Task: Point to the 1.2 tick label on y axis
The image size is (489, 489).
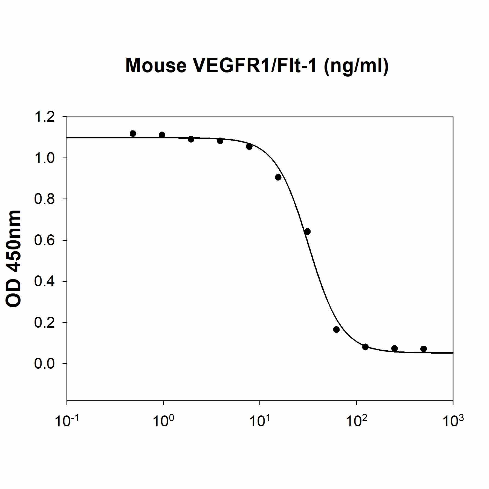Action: pyautogui.click(x=44, y=117)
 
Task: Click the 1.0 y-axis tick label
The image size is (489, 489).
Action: pyautogui.click(x=44, y=158)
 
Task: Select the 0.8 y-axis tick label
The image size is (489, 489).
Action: pyautogui.click(x=44, y=199)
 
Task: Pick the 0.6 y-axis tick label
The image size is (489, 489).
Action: pyautogui.click(x=44, y=240)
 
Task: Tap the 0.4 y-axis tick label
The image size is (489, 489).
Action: pyautogui.click(x=44, y=281)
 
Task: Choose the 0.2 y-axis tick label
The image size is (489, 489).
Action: pyautogui.click(x=44, y=323)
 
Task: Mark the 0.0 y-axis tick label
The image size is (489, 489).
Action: pyautogui.click(x=44, y=364)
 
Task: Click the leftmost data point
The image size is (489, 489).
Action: pyautogui.click(x=133, y=133)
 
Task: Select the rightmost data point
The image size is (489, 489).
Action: pyautogui.click(x=424, y=349)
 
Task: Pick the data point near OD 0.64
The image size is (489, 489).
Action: pyautogui.click(x=307, y=231)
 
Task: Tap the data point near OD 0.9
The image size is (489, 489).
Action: pyautogui.click(x=278, y=177)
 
